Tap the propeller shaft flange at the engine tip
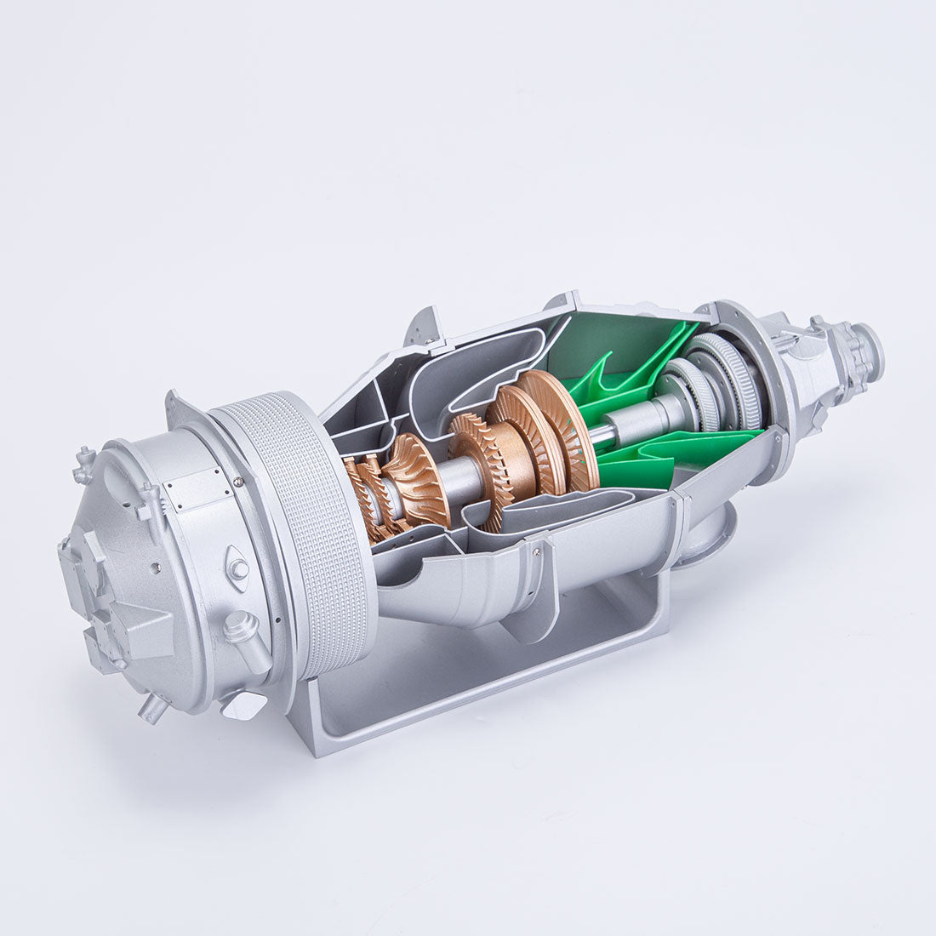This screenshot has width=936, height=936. point(868,349)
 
